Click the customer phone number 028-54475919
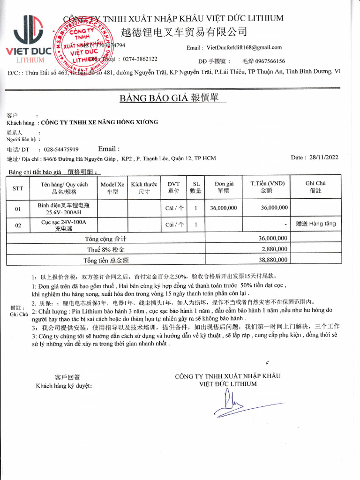tap(61, 150)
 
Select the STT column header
tap(18, 188)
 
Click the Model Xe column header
tap(112, 188)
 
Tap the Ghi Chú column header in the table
tap(315, 187)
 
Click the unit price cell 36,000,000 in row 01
tap(224, 208)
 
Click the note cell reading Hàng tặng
tap(316, 224)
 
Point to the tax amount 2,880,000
tap(274, 249)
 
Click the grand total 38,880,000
tap(274, 260)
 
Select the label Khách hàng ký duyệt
tap(64, 386)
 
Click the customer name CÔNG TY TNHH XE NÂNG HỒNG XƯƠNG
tap(100, 122)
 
